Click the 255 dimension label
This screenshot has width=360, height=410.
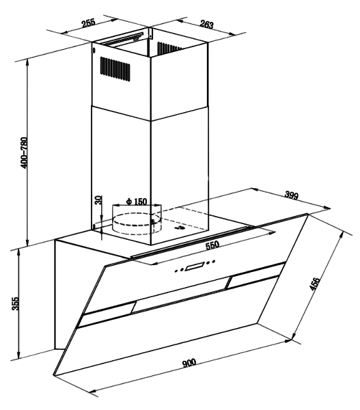pos(89,23)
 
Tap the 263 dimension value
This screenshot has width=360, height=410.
pos(207,24)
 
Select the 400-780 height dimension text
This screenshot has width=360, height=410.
pos(24,152)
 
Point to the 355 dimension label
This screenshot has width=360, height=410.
pos(16,303)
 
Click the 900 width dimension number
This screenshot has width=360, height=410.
pos(189,363)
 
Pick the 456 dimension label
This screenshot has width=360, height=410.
pos(314,284)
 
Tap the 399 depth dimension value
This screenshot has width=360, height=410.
pos(291,195)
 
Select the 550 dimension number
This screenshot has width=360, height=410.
pos(212,245)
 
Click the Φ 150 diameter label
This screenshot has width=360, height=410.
pos(136,202)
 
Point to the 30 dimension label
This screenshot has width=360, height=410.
pos(98,200)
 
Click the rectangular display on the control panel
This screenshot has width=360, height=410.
pos(195,267)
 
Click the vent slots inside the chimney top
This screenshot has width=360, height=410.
pos(169,48)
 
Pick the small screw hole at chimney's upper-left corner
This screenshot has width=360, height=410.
pos(94,51)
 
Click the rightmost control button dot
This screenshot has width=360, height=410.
pos(214,261)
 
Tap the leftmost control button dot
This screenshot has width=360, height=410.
pos(176,271)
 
